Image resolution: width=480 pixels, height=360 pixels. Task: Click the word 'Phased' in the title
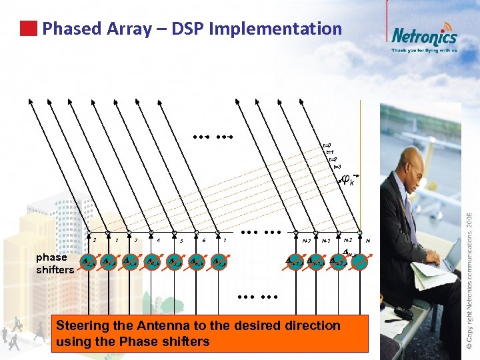click(x=71, y=29)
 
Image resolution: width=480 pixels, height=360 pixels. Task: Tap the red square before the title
click(x=28, y=29)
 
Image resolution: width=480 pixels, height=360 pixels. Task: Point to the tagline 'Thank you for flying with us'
click(x=424, y=50)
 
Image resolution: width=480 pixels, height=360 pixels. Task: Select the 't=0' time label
click(x=327, y=145)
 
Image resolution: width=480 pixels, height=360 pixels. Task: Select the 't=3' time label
click(x=337, y=166)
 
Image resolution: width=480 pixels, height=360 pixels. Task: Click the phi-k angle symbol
click(x=347, y=179)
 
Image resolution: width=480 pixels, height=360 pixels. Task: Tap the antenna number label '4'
click(x=158, y=240)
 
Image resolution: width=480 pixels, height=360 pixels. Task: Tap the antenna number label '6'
click(x=203, y=241)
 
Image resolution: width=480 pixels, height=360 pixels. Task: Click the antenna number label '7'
click(x=225, y=240)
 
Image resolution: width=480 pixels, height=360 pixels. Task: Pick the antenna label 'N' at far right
click(x=368, y=241)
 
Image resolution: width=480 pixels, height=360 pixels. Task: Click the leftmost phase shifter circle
click(x=88, y=263)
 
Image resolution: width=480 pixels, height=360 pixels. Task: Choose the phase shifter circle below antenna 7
click(x=218, y=263)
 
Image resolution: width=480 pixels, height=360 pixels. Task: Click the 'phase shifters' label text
click(x=55, y=263)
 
